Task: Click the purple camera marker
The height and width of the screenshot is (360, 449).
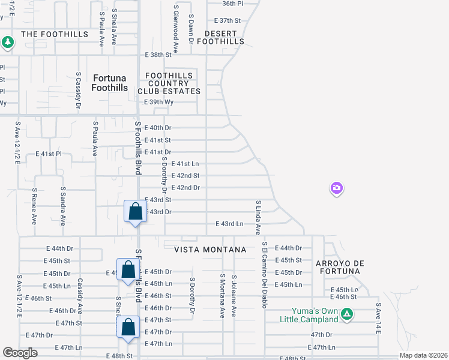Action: tap(336, 188)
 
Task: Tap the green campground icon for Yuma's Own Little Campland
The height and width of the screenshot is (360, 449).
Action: tap(346, 313)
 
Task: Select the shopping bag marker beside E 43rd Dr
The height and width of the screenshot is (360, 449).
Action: tap(135, 212)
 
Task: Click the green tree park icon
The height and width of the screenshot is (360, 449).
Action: tap(7, 42)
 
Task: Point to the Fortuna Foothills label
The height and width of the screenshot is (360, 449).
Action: tap(110, 83)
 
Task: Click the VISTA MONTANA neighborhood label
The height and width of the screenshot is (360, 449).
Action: tap(210, 249)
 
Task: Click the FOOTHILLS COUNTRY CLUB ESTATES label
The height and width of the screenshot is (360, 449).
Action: tap(169, 83)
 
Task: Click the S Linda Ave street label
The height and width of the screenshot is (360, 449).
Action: tap(258, 217)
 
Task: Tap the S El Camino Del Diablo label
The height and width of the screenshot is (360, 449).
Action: tap(264, 275)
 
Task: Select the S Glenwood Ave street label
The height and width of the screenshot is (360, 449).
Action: tap(176, 29)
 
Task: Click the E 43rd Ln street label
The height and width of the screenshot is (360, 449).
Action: tap(230, 224)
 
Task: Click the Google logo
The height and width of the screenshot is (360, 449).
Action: tap(20, 353)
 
